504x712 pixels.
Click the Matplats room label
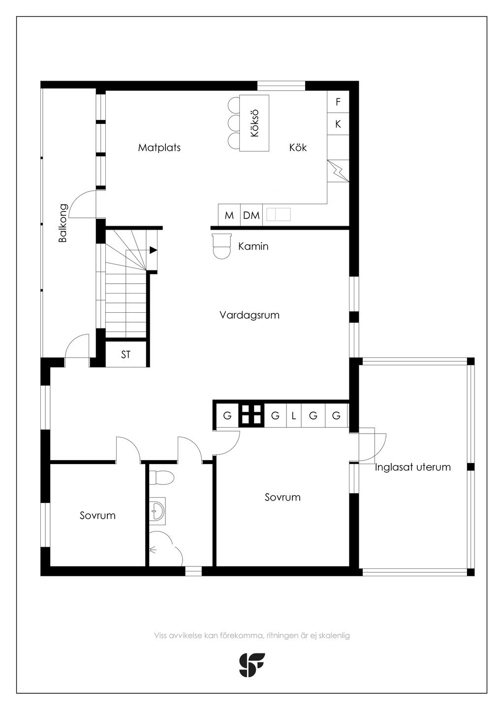tap(159, 148)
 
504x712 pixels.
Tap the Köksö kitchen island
tap(254, 123)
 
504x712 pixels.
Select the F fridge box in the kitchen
tap(338, 102)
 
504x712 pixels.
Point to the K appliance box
tap(338, 123)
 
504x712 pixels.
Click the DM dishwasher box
tap(252, 215)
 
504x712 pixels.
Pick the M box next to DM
tap(229, 215)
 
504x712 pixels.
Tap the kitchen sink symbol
tap(279, 214)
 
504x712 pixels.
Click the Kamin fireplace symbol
tap(221, 246)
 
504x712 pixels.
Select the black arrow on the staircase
tap(154, 250)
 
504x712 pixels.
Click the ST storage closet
tap(126, 355)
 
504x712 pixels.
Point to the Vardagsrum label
tap(250, 315)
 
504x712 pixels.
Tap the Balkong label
tap(63, 223)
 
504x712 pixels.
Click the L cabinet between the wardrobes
tap(294, 415)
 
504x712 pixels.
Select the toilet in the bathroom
tap(161, 477)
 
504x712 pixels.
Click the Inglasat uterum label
tap(412, 467)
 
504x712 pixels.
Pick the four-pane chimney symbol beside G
tap(252, 415)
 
